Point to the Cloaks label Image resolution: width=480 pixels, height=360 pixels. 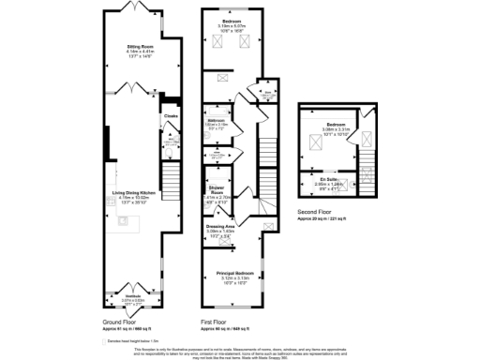[x=171, y=116]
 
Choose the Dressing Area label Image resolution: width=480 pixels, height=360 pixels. [x=221, y=226]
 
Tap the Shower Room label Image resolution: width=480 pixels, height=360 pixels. [x=217, y=190]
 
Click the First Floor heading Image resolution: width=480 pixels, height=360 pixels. [x=217, y=322]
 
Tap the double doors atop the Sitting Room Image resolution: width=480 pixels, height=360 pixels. [x=141, y=8]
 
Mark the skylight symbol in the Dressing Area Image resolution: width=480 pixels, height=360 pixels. [x=268, y=225]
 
